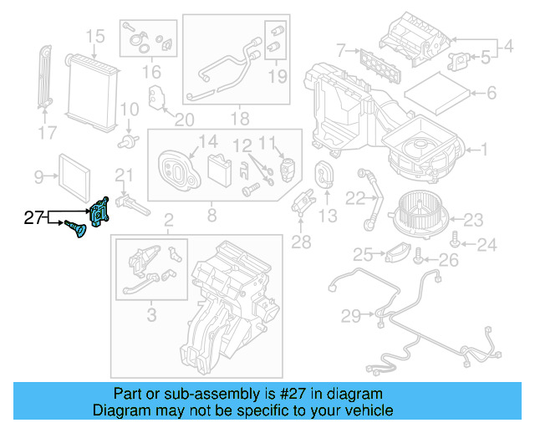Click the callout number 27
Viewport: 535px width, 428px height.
pyautogui.click(x=33, y=219)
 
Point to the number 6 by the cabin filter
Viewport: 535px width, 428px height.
pyautogui.click(x=492, y=93)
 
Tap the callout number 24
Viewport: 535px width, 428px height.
pyautogui.click(x=487, y=245)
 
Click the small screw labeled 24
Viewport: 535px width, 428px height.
pyautogui.click(x=454, y=241)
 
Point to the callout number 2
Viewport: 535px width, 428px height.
pyautogui.click(x=168, y=221)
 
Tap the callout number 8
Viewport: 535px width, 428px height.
pyautogui.click(x=211, y=217)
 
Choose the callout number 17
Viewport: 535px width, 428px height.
pyautogui.click(x=48, y=131)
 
